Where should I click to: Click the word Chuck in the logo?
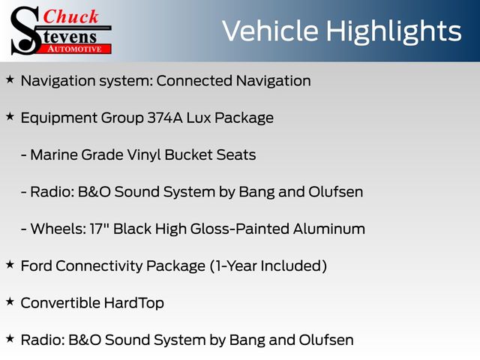click(70, 16)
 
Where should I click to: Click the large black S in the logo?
click(25, 31)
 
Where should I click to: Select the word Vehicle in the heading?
click(270, 31)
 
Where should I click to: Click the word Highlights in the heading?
click(393, 31)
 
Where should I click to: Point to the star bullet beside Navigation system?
click(10, 79)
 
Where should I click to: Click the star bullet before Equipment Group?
click(10, 117)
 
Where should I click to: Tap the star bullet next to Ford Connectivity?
click(10, 265)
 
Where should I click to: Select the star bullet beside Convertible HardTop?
click(10, 301)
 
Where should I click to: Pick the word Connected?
click(194, 81)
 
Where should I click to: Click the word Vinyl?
click(144, 155)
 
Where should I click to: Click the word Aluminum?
click(329, 229)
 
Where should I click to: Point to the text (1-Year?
click(233, 266)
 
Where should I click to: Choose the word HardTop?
click(133, 303)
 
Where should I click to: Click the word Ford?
click(37, 265)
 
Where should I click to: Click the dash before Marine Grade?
click(23, 155)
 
